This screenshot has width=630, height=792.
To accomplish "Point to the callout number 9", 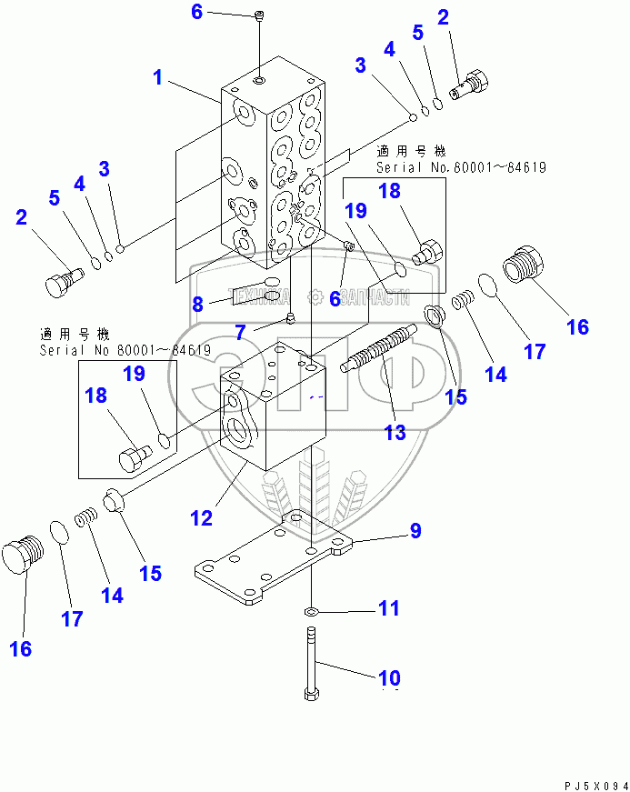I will pyautogui.click(x=415, y=531).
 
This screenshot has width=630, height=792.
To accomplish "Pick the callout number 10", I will pyautogui.click(x=388, y=677).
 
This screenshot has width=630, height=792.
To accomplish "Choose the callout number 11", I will pyautogui.click(x=388, y=608).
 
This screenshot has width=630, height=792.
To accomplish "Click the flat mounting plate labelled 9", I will pyautogui.click(x=273, y=564).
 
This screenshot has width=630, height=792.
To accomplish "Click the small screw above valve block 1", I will pyautogui.click(x=260, y=15).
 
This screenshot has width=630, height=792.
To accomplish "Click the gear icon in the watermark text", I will pyautogui.click(x=315, y=296).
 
